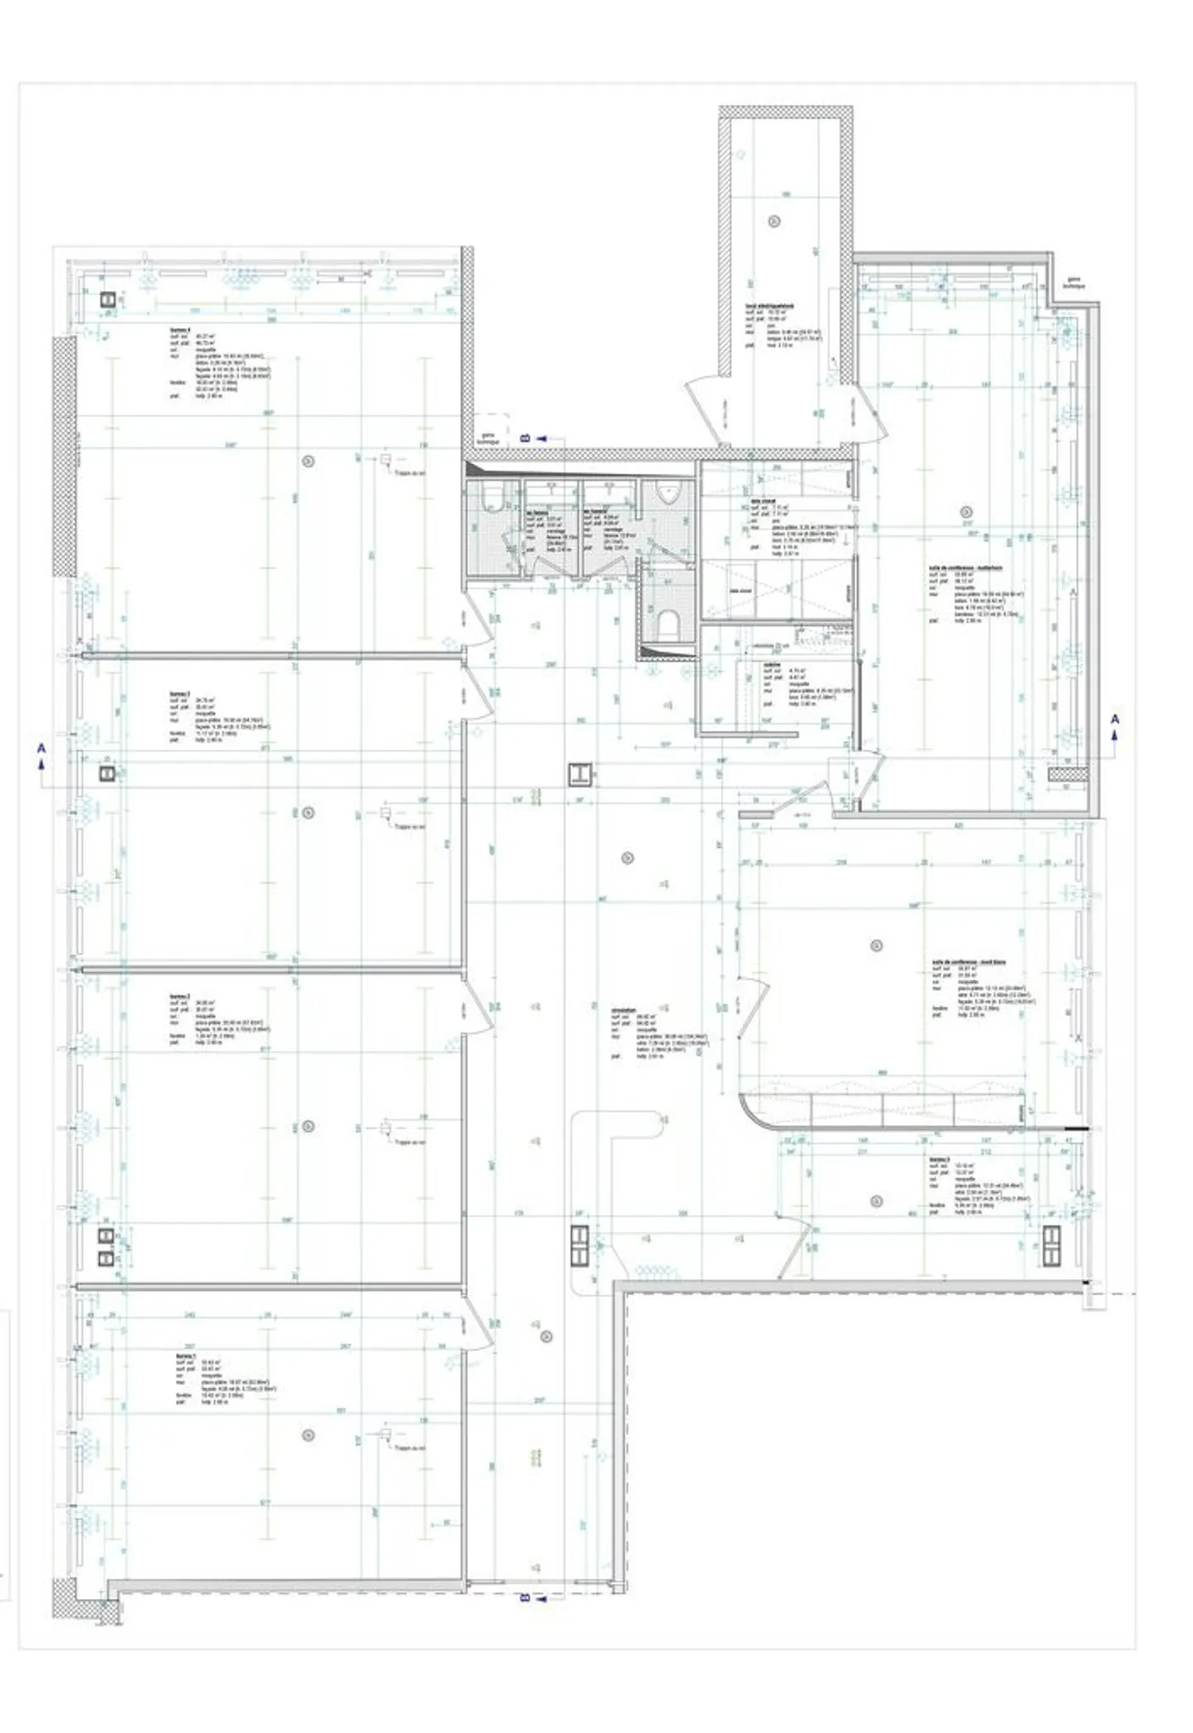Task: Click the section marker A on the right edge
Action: (x=1114, y=719)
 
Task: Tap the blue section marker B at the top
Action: (x=525, y=437)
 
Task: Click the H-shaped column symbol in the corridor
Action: (x=580, y=774)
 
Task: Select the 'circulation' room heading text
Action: (x=624, y=1010)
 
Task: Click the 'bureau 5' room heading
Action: (x=939, y=1160)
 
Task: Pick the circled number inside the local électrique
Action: (x=775, y=221)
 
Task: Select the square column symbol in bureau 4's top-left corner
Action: (x=108, y=300)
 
